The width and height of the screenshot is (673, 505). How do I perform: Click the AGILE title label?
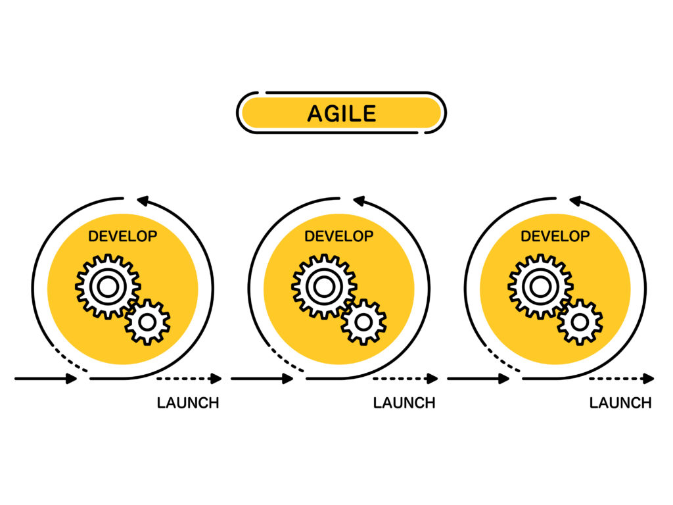341,114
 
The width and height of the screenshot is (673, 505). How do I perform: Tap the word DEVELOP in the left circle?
122,236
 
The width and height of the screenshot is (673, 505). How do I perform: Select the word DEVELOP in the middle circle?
338,236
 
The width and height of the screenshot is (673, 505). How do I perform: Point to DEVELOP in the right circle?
555,236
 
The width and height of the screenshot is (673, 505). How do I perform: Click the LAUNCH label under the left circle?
188,403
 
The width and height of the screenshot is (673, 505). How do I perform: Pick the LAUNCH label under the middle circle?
404,403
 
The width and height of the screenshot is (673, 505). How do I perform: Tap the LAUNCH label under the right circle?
620,403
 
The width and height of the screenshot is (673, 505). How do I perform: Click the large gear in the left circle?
107,286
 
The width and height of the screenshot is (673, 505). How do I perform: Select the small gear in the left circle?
148,322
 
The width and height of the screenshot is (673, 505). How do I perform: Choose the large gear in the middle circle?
323,286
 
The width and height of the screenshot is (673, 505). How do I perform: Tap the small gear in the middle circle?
364,322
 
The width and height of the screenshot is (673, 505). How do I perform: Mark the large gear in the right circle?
540,286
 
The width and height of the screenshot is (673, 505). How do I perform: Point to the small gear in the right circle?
580,322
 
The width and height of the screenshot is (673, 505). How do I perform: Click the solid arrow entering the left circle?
46,379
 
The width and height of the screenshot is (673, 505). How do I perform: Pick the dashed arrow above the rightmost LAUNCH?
621,379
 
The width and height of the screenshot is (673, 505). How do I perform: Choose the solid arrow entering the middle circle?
262,379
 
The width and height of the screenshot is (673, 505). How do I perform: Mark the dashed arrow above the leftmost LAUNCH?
189,379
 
